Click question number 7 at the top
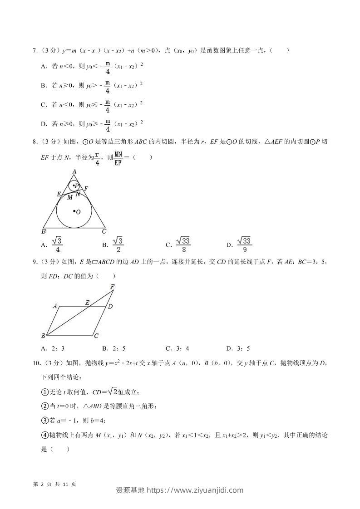(x=35, y=50)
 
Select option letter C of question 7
(x=44, y=105)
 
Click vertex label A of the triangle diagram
(x=74, y=171)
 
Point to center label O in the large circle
(x=78, y=212)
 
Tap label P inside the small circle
(x=77, y=186)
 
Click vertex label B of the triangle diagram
(x=43, y=231)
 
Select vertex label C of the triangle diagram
(x=104, y=231)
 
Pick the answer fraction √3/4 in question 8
(x=57, y=245)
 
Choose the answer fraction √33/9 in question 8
(x=244, y=245)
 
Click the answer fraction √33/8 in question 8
(x=183, y=245)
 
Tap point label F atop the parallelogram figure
(x=112, y=286)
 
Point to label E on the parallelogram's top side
(x=87, y=302)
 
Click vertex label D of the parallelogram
(x=110, y=307)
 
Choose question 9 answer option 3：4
(x=181, y=348)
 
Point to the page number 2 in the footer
(x=41, y=484)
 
